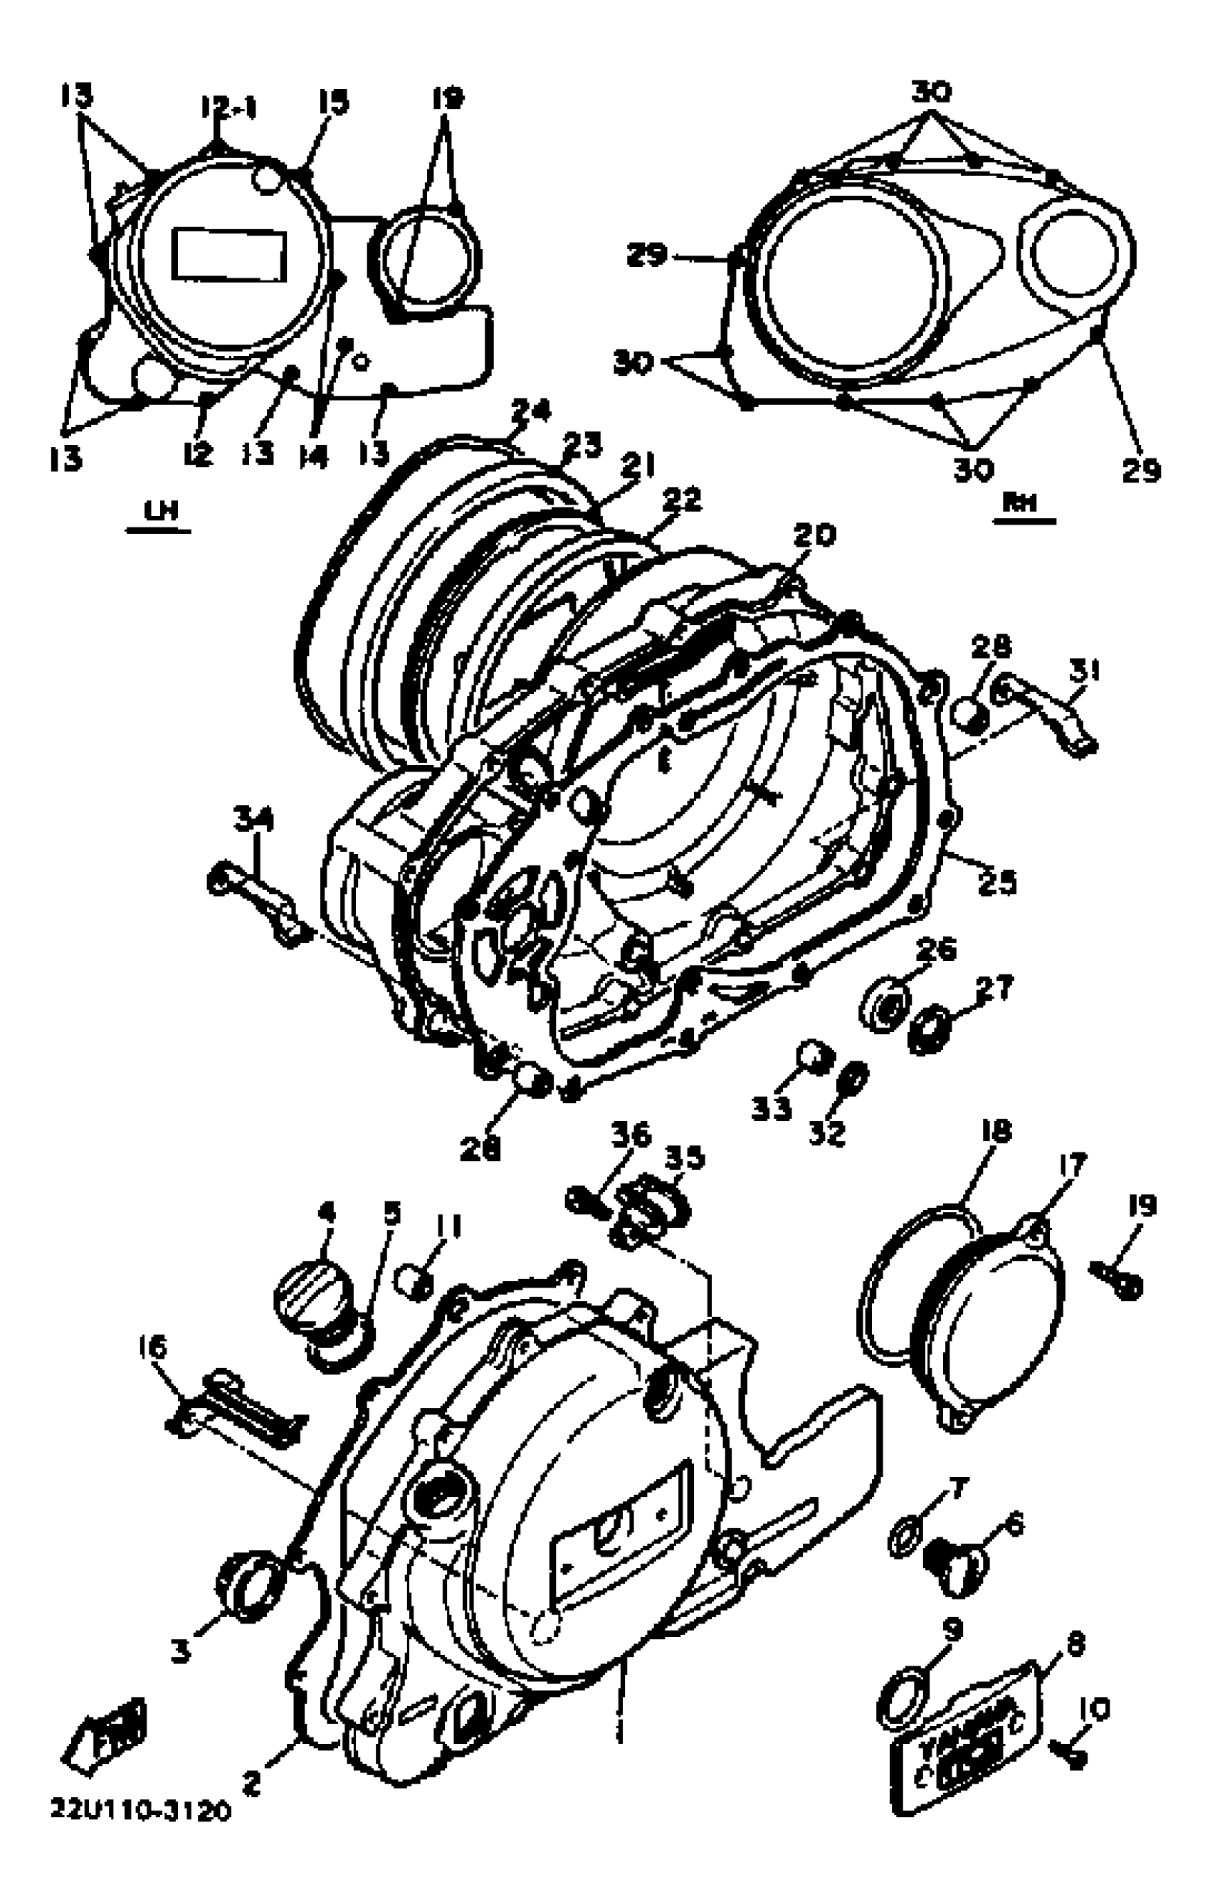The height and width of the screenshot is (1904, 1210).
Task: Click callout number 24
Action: click(x=531, y=411)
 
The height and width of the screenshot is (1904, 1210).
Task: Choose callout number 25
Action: click(x=996, y=882)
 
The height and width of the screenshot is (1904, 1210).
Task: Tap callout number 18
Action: click(x=996, y=1132)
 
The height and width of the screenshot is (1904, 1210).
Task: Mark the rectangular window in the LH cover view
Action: click(x=229, y=254)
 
